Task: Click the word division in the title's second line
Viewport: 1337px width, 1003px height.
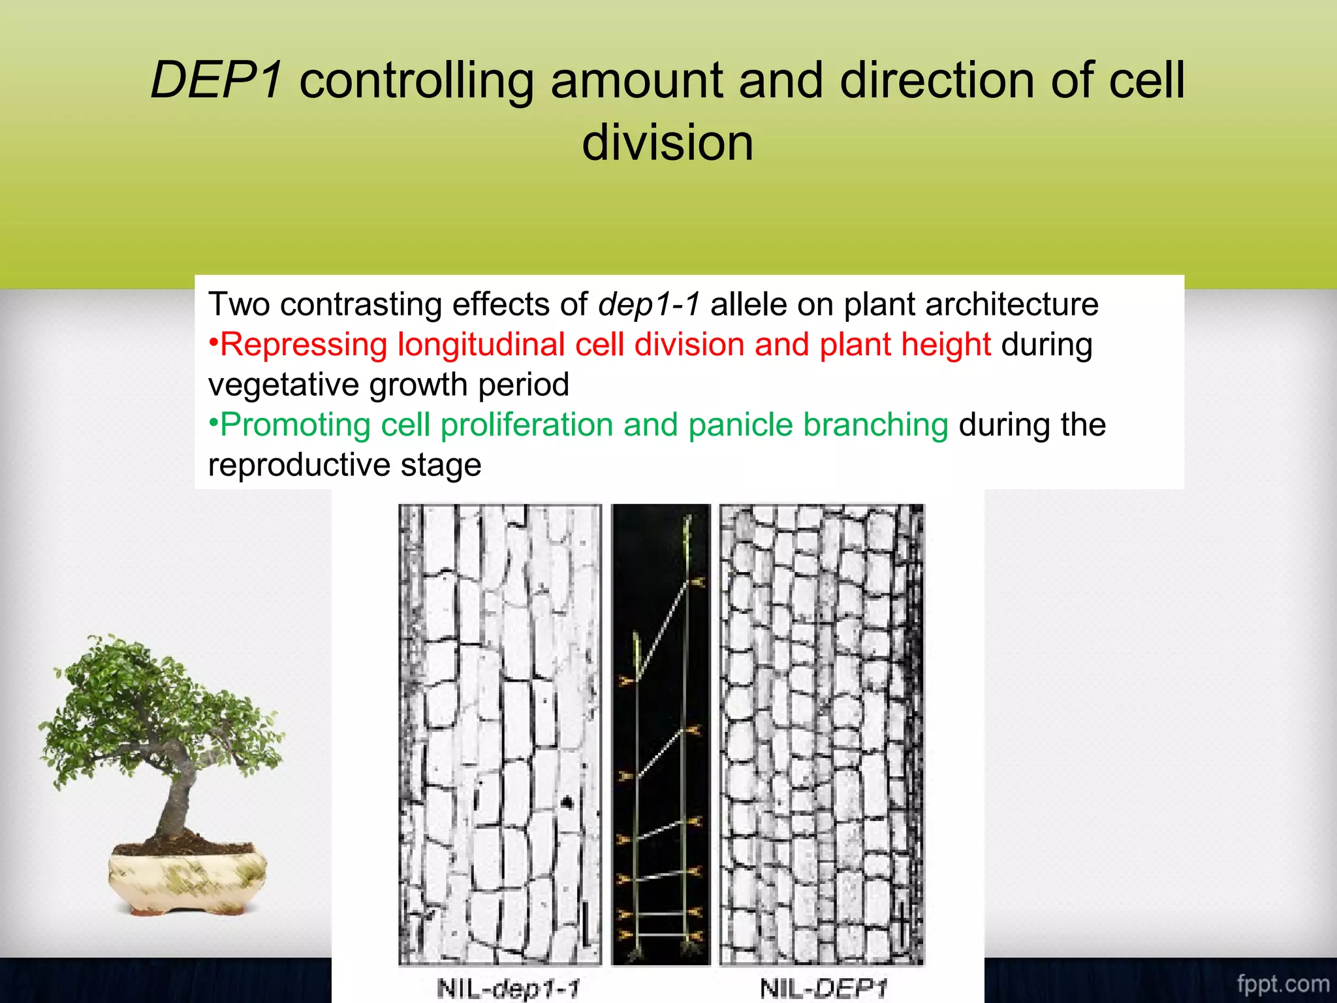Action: click(x=667, y=144)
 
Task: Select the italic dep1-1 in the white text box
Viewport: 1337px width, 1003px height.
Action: click(x=650, y=305)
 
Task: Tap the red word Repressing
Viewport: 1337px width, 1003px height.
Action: click(x=304, y=345)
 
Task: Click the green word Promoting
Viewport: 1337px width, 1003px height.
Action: click(x=295, y=425)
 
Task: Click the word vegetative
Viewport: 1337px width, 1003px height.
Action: click(x=283, y=385)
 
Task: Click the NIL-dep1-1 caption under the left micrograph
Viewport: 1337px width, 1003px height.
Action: click(x=507, y=988)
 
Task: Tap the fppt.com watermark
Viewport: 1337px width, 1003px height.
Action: click(x=1282, y=983)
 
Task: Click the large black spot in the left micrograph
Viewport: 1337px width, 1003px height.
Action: click(x=567, y=802)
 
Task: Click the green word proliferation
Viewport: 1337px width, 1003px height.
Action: click(x=526, y=425)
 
